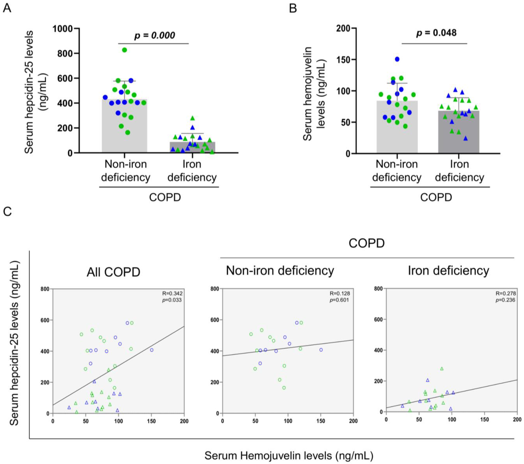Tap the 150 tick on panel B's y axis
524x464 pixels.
pyautogui.click(x=344, y=59)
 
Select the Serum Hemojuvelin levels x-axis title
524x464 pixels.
pyautogui.click(x=289, y=456)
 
